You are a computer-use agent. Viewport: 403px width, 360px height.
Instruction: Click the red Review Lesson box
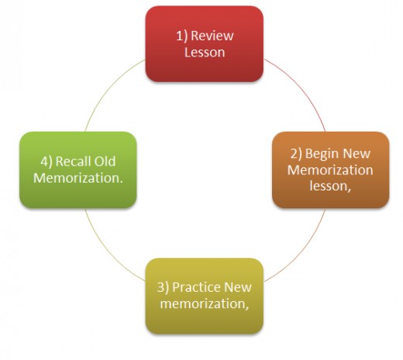click(x=205, y=44)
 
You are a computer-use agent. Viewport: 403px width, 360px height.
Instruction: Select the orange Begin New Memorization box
click(x=330, y=170)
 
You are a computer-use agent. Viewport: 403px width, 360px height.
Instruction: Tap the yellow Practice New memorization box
click(x=205, y=296)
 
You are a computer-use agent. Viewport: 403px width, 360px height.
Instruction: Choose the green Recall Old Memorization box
click(x=78, y=170)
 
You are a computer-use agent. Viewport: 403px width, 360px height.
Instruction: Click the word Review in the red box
click(x=212, y=36)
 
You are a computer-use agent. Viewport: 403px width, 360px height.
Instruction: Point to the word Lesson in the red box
click(x=205, y=52)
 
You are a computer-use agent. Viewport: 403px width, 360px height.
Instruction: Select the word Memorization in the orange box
click(x=330, y=170)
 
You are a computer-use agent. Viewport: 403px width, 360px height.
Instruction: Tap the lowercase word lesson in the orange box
click(x=330, y=186)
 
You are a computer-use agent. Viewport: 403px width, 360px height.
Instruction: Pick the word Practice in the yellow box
click(x=196, y=287)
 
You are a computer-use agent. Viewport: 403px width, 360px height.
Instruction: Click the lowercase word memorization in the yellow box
click(x=205, y=303)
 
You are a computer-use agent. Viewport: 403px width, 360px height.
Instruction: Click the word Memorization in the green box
click(x=78, y=178)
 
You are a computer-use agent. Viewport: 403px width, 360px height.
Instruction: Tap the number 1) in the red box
click(x=182, y=36)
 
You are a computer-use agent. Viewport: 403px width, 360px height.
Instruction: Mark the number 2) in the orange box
click(x=296, y=154)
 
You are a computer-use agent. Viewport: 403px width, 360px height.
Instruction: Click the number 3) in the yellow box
click(x=163, y=287)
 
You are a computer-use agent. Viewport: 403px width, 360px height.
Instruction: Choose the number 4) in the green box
click(x=46, y=162)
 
